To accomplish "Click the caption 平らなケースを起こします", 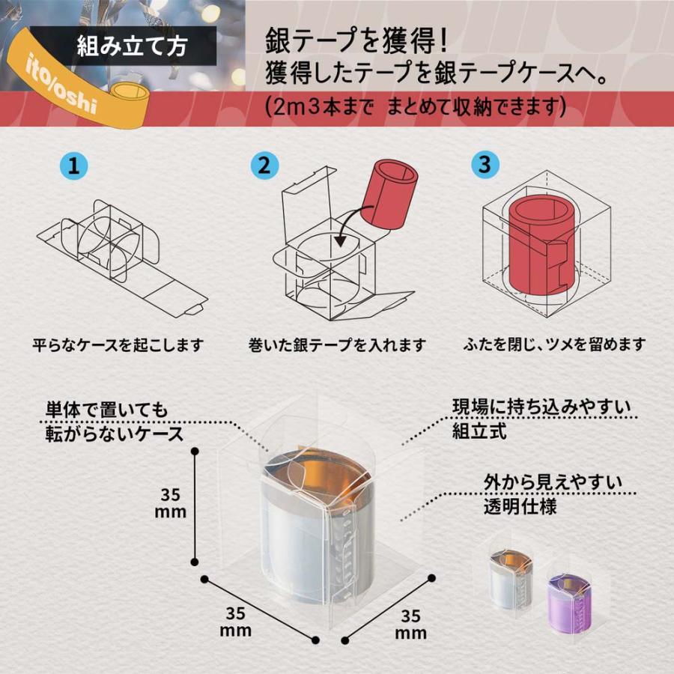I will tap(118, 346).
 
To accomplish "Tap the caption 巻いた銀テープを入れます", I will tap(337, 346).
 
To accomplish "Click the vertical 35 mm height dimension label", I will tap(171, 503).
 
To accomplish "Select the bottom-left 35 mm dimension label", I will tap(234, 621).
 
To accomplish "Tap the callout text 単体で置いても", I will tap(104, 410).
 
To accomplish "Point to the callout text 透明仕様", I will tap(519, 507).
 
